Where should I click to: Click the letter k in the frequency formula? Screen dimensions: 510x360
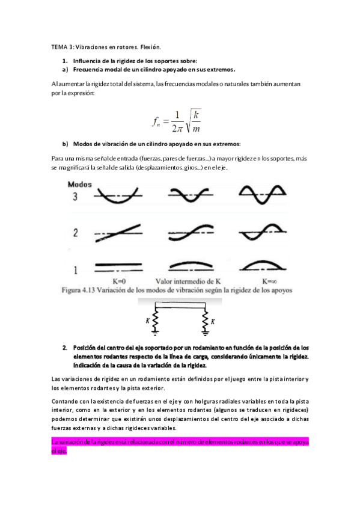pos(197,114)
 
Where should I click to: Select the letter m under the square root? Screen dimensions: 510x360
pos(197,128)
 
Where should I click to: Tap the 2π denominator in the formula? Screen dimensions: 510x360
pos(175,128)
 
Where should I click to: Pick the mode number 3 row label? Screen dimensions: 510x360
pos(76,197)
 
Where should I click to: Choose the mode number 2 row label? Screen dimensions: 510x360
pos(76,232)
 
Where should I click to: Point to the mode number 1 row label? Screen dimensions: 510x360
pos(76,269)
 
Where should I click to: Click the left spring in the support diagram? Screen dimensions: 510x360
pos(155,319)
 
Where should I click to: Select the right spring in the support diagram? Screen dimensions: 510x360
pos(205,319)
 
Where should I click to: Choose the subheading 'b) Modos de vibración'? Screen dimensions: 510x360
pos(151,144)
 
